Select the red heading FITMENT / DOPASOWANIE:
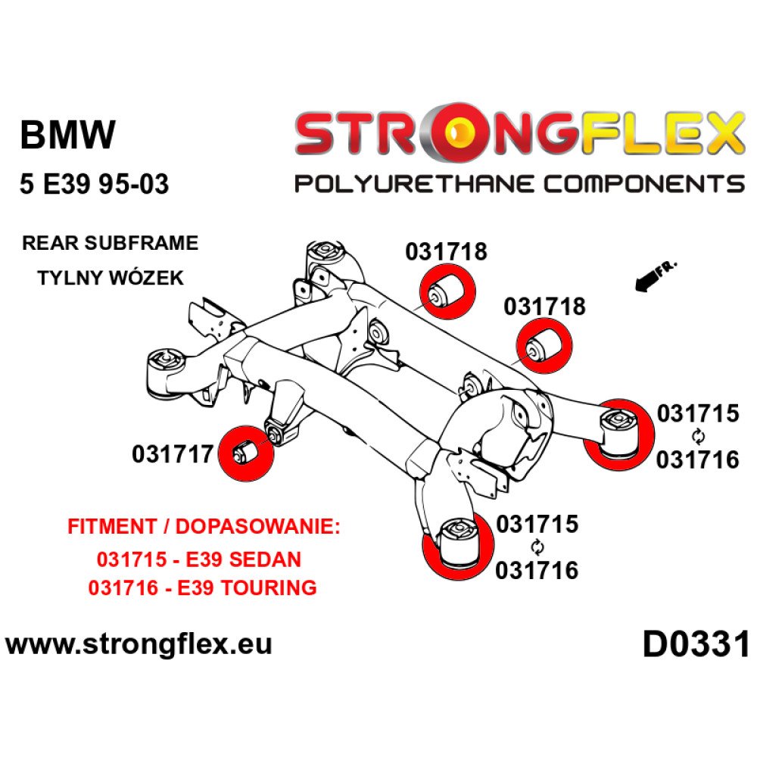pyautogui.click(x=204, y=528)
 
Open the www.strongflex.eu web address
pyautogui.click(x=139, y=645)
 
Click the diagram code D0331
pyautogui.click(x=695, y=645)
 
